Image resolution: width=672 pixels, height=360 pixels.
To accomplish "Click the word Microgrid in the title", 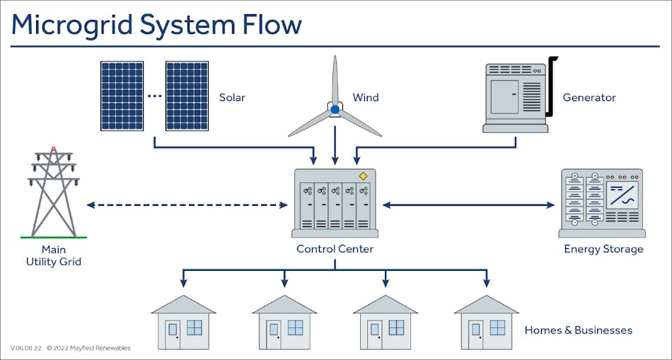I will [x=71, y=25].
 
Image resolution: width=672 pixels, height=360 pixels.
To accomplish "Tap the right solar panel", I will [x=187, y=95].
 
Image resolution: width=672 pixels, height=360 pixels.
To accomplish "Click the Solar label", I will [x=232, y=98].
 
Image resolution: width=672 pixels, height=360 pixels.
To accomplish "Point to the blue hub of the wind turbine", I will [x=335, y=110].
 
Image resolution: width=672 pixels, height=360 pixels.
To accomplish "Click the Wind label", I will [x=366, y=98].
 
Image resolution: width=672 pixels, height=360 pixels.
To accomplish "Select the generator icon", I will [x=515, y=98].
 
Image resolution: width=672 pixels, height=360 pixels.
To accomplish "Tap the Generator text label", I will [x=589, y=98].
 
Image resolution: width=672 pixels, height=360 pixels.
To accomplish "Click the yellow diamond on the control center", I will [x=363, y=176].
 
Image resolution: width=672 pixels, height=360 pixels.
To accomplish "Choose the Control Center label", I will [x=335, y=249].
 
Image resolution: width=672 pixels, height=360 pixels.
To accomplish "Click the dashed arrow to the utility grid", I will [x=187, y=205].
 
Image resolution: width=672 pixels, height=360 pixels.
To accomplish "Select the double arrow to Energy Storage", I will [x=468, y=205].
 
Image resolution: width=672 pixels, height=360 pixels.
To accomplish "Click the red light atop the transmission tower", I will [x=53, y=150].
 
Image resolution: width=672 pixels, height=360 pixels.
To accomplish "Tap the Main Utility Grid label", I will [x=53, y=255].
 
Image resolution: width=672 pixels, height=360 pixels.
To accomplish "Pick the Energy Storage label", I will [x=603, y=249].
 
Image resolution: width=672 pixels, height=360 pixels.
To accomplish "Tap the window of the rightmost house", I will [x=498, y=327].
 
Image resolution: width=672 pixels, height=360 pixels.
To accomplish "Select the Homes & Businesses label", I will [x=578, y=330].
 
